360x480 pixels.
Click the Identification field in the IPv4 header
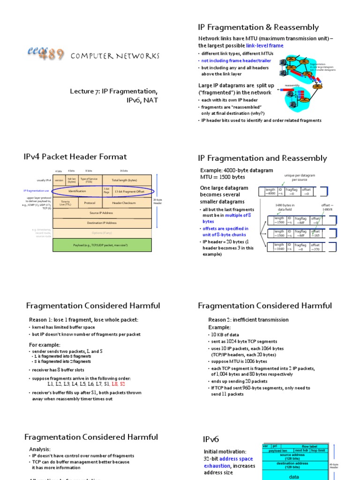coord(77,191)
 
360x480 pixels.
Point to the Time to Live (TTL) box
coord(66,203)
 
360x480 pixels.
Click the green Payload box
coord(102,245)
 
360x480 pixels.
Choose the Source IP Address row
coord(102,213)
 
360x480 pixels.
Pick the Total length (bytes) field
coord(124,180)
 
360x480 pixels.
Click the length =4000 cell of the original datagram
coord(270,191)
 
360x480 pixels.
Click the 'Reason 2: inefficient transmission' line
coord(248,320)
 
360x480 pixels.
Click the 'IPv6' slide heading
coord(211,439)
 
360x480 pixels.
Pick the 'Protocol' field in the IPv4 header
coord(90,203)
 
